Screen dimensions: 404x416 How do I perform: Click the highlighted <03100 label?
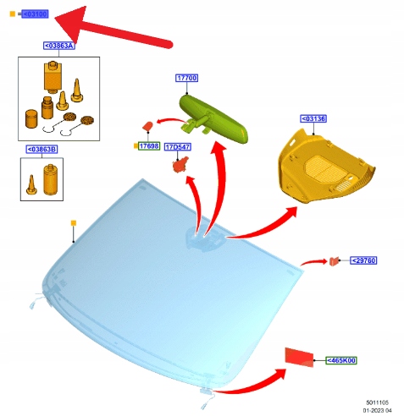(x=36, y=14)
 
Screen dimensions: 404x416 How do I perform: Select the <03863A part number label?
(x=59, y=46)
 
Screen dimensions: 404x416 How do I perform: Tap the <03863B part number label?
(x=42, y=149)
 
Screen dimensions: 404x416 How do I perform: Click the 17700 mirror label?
(x=186, y=78)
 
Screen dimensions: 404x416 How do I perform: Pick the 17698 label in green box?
(x=149, y=146)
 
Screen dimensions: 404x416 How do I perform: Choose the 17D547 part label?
(x=178, y=147)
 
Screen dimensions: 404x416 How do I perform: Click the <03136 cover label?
(x=313, y=118)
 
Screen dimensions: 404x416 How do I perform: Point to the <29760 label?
(x=363, y=260)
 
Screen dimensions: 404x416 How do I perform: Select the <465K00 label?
(x=341, y=360)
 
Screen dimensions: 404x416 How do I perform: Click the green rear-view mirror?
(x=213, y=119)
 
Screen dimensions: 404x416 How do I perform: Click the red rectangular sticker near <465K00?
(x=299, y=358)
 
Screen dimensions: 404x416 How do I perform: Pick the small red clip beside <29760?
(x=334, y=261)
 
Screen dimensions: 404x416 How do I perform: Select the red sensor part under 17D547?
(x=180, y=165)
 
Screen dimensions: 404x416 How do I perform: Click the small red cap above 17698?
(x=148, y=126)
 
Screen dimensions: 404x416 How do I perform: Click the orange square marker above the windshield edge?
(x=74, y=223)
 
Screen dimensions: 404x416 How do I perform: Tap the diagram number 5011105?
(x=377, y=402)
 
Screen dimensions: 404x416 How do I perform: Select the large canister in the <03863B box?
(x=51, y=179)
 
